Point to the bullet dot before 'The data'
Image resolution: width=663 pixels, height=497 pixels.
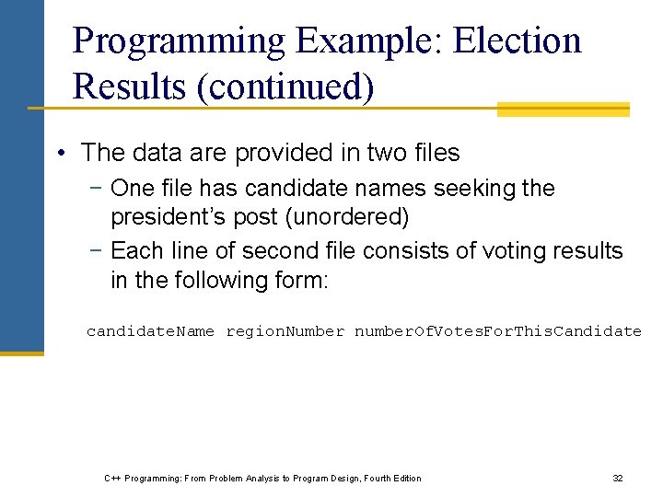[x=59, y=153]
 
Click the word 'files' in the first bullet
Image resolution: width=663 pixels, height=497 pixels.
[x=435, y=153]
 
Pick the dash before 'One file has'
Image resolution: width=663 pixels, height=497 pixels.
[x=97, y=189]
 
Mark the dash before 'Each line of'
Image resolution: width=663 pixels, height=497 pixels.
[x=97, y=251]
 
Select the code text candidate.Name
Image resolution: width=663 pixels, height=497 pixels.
[x=151, y=331]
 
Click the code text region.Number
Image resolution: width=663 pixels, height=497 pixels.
[x=285, y=331]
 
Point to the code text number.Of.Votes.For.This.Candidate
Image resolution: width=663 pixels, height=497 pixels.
[x=498, y=331]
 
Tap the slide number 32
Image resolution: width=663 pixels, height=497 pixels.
[x=618, y=478]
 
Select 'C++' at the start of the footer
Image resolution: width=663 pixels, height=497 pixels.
[x=111, y=478]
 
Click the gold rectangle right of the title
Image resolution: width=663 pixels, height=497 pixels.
[x=563, y=110]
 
